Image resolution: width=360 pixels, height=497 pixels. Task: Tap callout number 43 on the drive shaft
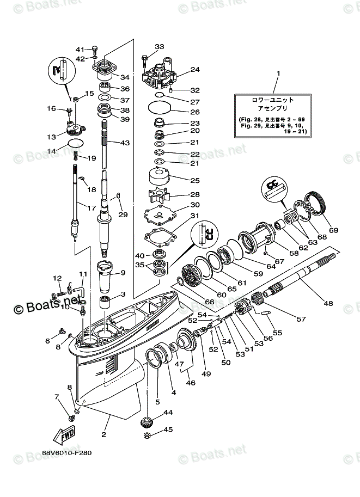(125, 143)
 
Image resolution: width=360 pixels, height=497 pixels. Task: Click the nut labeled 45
(146, 436)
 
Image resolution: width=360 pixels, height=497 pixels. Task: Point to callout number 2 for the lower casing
(103, 434)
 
